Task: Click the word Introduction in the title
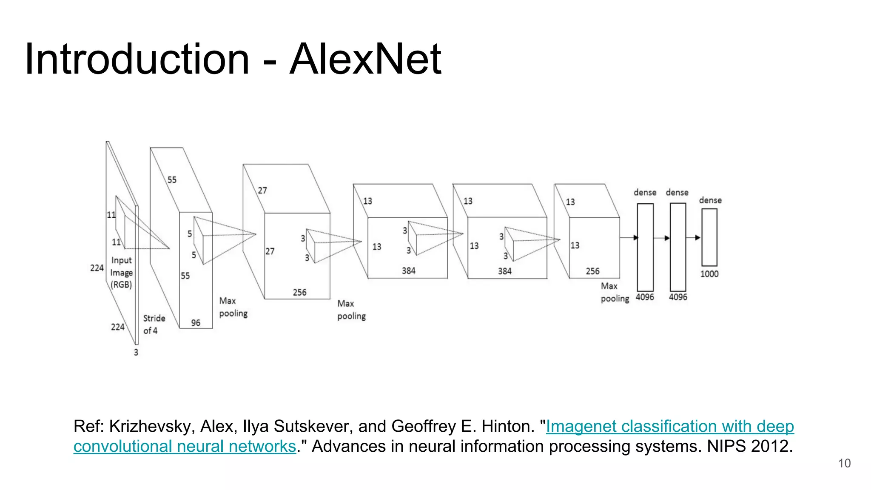tap(137, 59)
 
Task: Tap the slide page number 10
tap(844, 463)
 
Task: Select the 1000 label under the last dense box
tap(709, 274)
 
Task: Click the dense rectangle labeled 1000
tap(709, 237)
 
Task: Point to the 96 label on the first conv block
tap(196, 323)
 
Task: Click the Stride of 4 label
tap(154, 324)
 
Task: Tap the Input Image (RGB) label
tap(121, 272)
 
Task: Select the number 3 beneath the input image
tap(136, 352)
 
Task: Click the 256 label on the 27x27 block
tap(299, 293)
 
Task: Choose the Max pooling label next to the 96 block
tap(233, 307)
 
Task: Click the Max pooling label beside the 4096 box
tap(615, 292)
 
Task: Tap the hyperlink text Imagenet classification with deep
tap(670, 426)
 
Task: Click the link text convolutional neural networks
tap(185, 446)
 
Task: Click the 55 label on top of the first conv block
tap(172, 180)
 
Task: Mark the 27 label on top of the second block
tap(262, 191)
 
